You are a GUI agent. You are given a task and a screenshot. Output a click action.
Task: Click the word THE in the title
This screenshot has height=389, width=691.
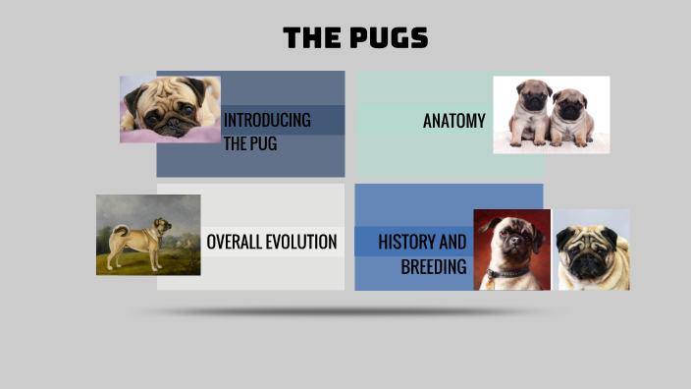[x=310, y=38]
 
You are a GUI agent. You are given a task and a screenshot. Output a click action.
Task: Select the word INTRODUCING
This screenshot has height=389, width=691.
[x=267, y=120]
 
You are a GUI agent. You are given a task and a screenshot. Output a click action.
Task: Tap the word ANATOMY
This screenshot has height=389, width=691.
[x=453, y=121]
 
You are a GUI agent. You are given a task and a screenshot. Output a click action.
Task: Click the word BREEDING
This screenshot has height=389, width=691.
[x=434, y=266]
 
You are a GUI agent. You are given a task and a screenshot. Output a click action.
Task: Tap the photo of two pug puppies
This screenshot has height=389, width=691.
[x=551, y=115]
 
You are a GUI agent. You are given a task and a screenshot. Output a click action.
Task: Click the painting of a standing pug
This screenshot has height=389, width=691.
[x=148, y=235]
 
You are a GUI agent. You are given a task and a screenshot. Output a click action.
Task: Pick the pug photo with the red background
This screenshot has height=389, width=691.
[x=511, y=250]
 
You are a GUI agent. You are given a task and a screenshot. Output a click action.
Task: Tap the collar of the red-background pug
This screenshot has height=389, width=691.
[x=507, y=271]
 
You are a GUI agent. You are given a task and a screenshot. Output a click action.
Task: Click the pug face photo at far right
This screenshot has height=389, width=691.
[x=593, y=250]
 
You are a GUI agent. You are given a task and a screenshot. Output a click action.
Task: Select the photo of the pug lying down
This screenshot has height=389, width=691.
[x=170, y=109]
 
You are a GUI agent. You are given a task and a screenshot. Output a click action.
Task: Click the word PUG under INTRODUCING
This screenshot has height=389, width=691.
[x=262, y=144]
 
